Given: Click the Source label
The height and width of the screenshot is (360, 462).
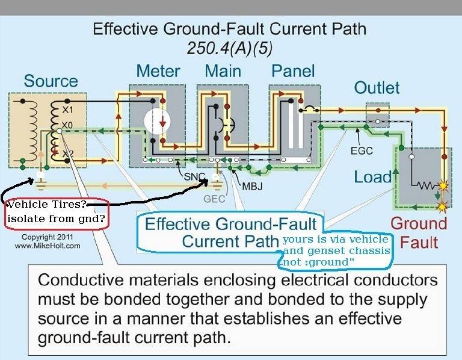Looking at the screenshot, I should tap(51, 81).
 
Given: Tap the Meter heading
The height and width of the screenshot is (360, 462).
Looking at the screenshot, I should tap(159, 70).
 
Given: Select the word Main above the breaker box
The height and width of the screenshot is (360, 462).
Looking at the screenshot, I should tap(223, 70).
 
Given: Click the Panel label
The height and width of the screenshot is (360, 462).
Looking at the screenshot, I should tap(294, 70).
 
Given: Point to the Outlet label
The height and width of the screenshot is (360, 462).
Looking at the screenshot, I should tap(377, 88).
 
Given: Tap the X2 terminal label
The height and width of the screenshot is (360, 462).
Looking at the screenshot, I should tap(67, 155).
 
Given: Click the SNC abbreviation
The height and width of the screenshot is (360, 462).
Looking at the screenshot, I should tap(194, 176).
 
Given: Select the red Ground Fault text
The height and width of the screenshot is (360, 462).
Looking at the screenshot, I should tap(419, 232).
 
